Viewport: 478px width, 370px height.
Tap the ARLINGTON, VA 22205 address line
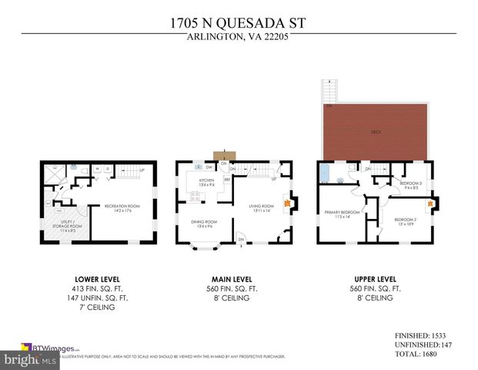(238, 37)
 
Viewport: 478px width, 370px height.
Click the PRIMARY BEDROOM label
(336, 215)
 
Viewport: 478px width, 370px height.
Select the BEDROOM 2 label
(405, 220)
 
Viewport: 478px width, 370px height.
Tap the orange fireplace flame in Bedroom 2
(429, 205)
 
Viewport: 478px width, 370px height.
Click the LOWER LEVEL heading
(96, 278)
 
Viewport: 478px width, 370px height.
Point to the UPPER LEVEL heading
(375, 278)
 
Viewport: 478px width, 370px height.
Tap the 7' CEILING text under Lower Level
(96, 308)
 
